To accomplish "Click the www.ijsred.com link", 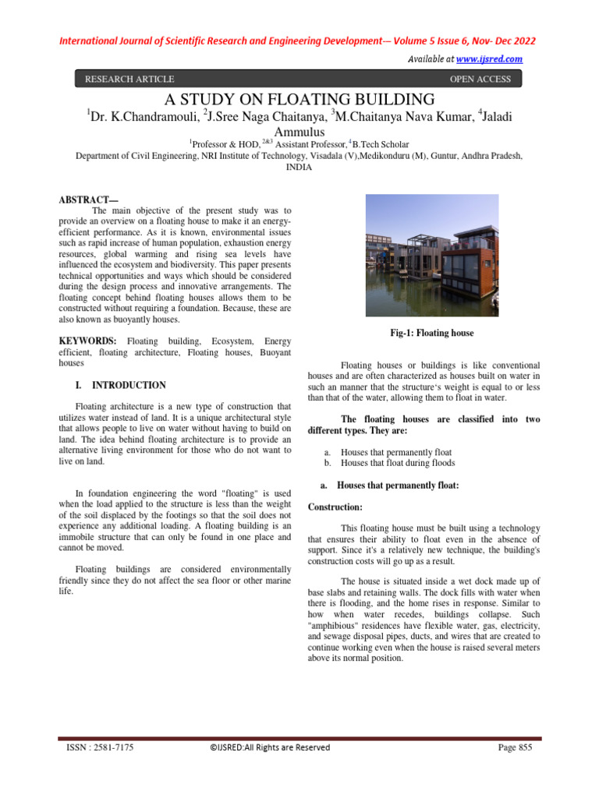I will tap(489, 59).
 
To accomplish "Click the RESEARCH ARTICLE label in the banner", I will tap(129, 79).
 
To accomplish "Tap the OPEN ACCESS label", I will tap(480, 79).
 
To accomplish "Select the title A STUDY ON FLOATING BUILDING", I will tap(299, 99).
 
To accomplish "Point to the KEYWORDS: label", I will tap(88, 341).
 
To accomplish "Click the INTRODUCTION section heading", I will tap(129, 385).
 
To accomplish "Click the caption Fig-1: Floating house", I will tap(432, 333).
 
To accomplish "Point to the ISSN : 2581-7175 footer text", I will tap(99, 747).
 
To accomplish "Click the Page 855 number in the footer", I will tap(515, 747).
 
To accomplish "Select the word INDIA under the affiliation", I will tap(299, 167).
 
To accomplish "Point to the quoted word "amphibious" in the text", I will tap(331, 626).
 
